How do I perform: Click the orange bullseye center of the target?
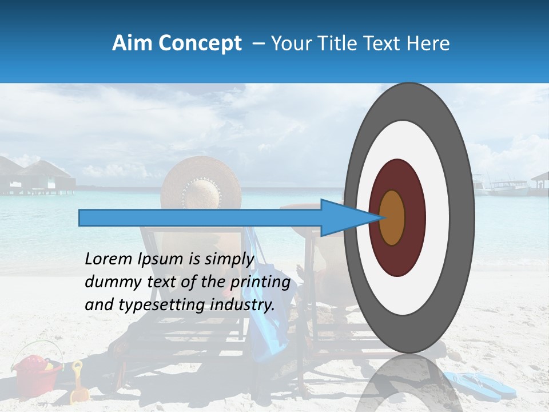point(392,217)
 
